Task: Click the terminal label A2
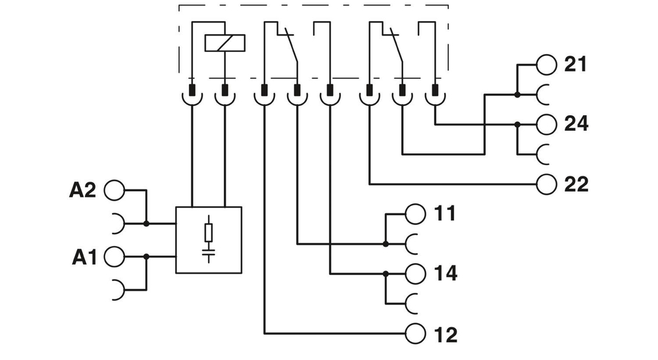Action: point(83,190)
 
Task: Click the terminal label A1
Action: point(84,257)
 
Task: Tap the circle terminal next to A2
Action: point(114,190)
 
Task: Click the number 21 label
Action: point(576,64)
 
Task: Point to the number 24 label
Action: point(576,124)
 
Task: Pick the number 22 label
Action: point(576,184)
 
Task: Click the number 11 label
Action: point(445,213)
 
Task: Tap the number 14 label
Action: point(445,272)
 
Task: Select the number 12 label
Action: point(445,334)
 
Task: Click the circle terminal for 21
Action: point(546,64)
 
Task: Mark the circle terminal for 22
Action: point(546,184)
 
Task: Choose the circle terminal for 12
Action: point(417,332)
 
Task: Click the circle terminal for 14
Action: point(417,272)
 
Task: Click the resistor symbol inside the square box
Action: point(209,232)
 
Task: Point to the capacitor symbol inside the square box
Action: point(209,251)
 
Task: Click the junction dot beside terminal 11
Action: point(386,244)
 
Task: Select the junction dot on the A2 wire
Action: point(146,224)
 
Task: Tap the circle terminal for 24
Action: point(546,124)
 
